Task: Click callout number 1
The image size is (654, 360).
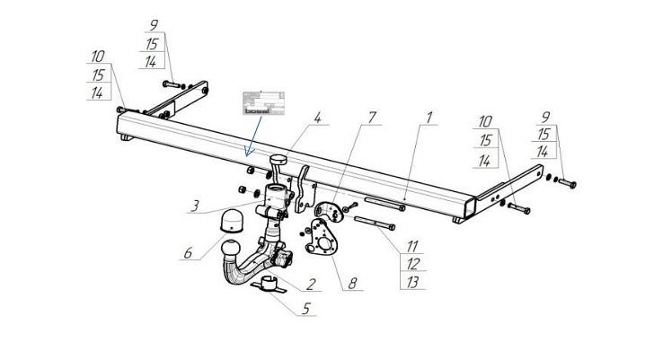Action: click(x=429, y=117)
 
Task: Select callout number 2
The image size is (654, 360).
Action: click(x=311, y=285)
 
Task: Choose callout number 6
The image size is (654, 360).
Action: click(x=189, y=253)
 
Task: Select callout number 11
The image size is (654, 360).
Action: click(x=411, y=246)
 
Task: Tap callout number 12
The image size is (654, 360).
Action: click(x=411, y=264)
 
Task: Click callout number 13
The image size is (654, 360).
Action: click(x=411, y=282)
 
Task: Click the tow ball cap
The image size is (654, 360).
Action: click(x=233, y=220)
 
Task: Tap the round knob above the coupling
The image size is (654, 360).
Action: click(x=277, y=161)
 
